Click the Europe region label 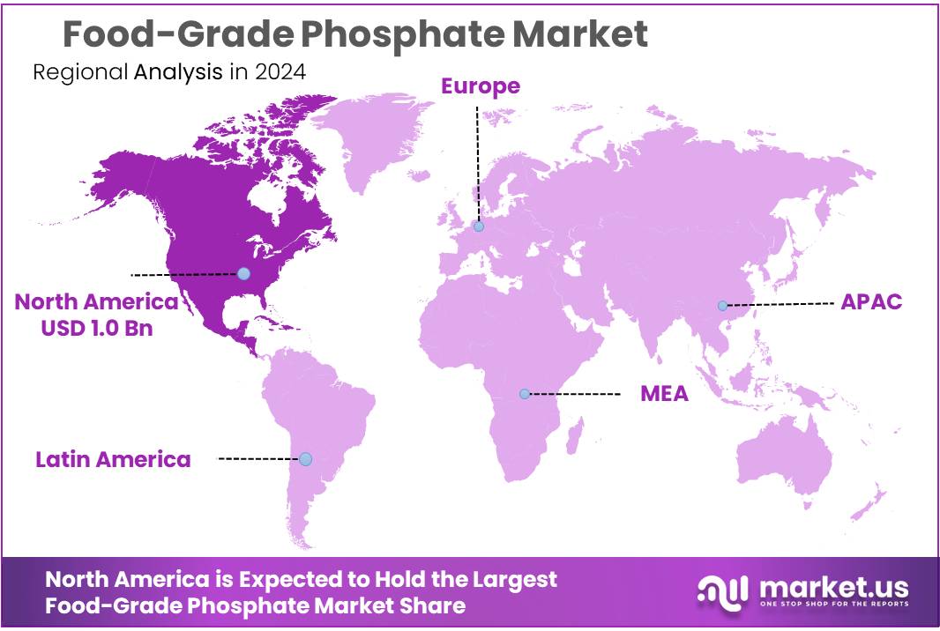coord(480,85)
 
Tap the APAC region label coord(871,301)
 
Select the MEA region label coord(664,393)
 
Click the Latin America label coord(113,459)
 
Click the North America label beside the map coord(96,301)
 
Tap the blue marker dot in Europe coord(479,226)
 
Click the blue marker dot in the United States coord(244,274)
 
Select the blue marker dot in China coord(722,306)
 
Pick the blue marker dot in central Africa coord(525,394)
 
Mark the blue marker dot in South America coord(305,459)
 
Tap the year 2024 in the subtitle coord(280,72)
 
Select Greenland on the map coord(370,132)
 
